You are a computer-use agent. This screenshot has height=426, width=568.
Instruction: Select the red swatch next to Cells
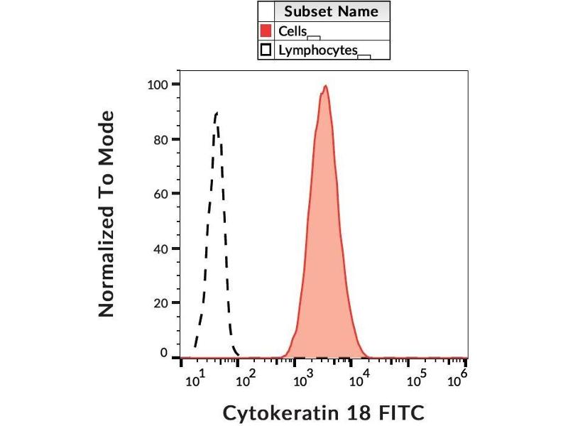266,31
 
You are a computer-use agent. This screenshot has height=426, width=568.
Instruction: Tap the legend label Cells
293,31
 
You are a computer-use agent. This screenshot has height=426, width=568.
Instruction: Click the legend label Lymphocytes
317,50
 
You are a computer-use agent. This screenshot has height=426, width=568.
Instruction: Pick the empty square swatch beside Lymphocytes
266,50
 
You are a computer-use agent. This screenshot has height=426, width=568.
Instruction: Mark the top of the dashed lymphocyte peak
216,112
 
